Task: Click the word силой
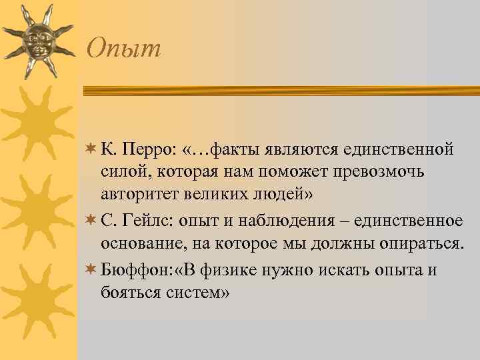tap(125, 172)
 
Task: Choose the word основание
tap(137, 245)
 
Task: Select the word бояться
tap(128, 294)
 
